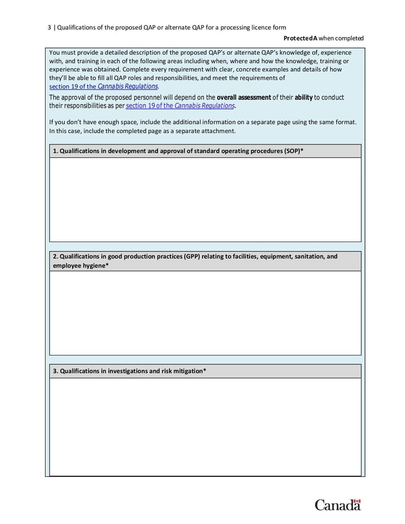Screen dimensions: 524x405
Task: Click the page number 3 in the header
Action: coord(50,28)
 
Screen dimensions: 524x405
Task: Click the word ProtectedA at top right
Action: coord(300,38)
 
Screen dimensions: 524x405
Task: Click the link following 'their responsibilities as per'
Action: coord(180,106)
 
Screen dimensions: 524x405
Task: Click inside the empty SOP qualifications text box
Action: coord(205,199)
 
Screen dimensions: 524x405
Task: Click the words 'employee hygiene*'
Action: coord(80,266)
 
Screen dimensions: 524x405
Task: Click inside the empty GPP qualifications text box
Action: coord(205,313)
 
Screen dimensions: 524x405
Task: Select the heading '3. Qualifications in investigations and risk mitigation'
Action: coord(130,371)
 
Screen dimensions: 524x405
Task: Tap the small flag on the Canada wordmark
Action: coord(357,501)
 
